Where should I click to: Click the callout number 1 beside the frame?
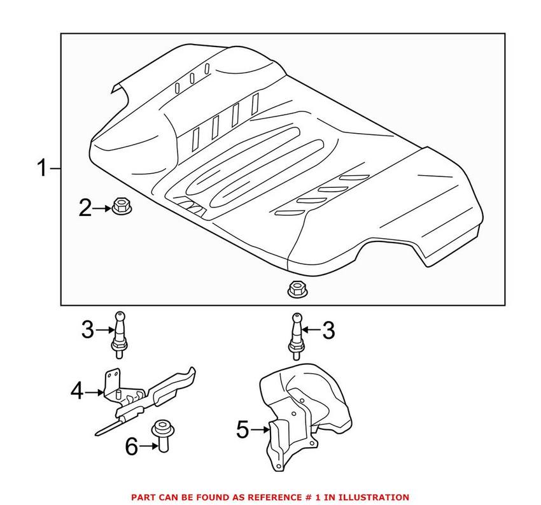pos(41,169)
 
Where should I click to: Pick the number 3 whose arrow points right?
pos(88,330)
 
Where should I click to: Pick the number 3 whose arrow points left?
pos(328,330)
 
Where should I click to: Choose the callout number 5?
pos(242,430)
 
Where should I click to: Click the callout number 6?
pos(131,446)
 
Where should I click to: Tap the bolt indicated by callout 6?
pos(160,437)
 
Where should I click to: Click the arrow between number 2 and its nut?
pos(102,207)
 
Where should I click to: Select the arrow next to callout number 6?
pos(146,446)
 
